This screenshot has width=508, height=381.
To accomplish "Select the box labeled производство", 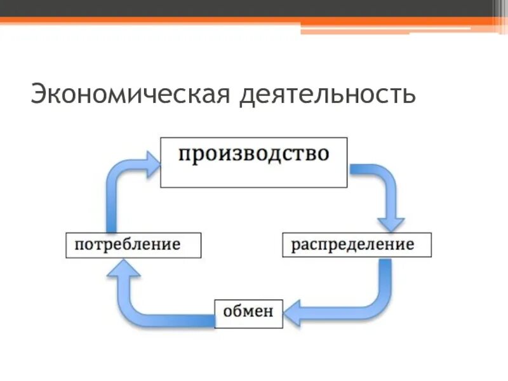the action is [x=253, y=162].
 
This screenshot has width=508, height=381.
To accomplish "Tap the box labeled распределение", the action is [x=356, y=244].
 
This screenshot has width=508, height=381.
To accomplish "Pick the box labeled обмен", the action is [x=248, y=312].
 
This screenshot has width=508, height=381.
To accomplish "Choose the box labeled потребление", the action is [x=133, y=244].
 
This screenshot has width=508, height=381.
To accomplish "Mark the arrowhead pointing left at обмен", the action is [x=293, y=312].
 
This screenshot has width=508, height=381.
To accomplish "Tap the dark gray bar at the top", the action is [x=254, y=8].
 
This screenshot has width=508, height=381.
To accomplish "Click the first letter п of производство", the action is [x=184, y=155].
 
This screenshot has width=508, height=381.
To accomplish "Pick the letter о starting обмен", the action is [x=226, y=312].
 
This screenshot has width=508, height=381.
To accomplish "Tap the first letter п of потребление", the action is [x=79, y=244].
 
